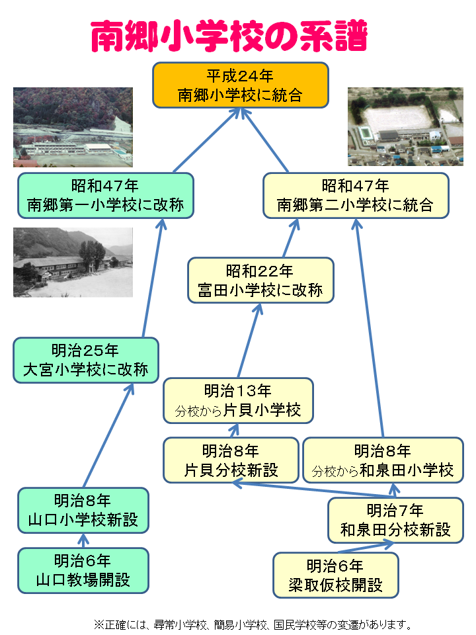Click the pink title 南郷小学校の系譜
coord(228,36)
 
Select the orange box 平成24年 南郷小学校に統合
coord(241,85)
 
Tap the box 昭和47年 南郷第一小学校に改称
coord(106,195)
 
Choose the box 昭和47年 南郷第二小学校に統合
coord(356,195)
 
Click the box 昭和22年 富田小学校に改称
coord(260,280)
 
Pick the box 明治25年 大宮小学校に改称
coord(86,360)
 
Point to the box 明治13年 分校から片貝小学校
coord(238,400)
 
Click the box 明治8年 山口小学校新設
coord(83,510)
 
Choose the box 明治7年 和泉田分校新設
coord(395,520)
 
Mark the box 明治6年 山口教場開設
coord(83,570)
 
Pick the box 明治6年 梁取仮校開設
coord(335,575)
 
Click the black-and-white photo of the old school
coord(73,262)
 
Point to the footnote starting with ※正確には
coord(253,623)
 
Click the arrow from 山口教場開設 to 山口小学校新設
coord(83,540)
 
